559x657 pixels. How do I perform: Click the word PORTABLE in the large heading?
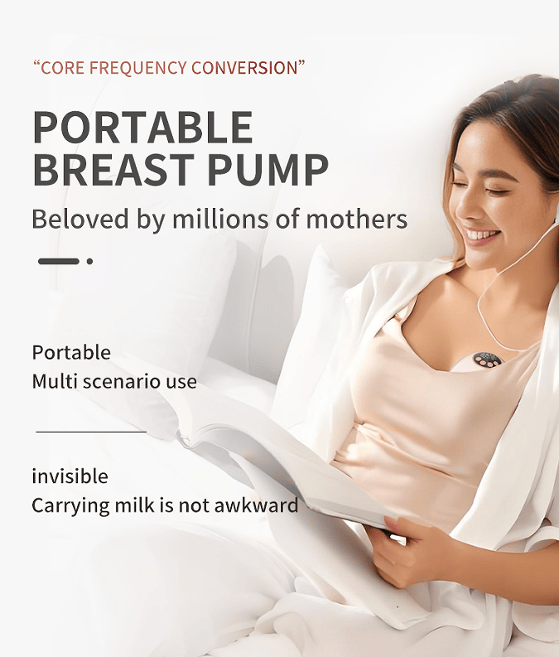pyautogui.click(x=142, y=127)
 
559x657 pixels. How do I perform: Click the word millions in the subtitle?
pyautogui.click(x=219, y=220)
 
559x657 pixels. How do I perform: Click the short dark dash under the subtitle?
pyautogui.click(x=59, y=261)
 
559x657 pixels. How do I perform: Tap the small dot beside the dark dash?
pyautogui.click(x=89, y=261)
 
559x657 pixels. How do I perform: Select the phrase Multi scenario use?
pyautogui.click(x=114, y=382)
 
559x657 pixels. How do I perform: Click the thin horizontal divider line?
pyautogui.click(x=91, y=432)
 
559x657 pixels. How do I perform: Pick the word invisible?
pyautogui.click(x=70, y=476)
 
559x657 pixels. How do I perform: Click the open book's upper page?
pyautogui.click(x=248, y=431)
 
